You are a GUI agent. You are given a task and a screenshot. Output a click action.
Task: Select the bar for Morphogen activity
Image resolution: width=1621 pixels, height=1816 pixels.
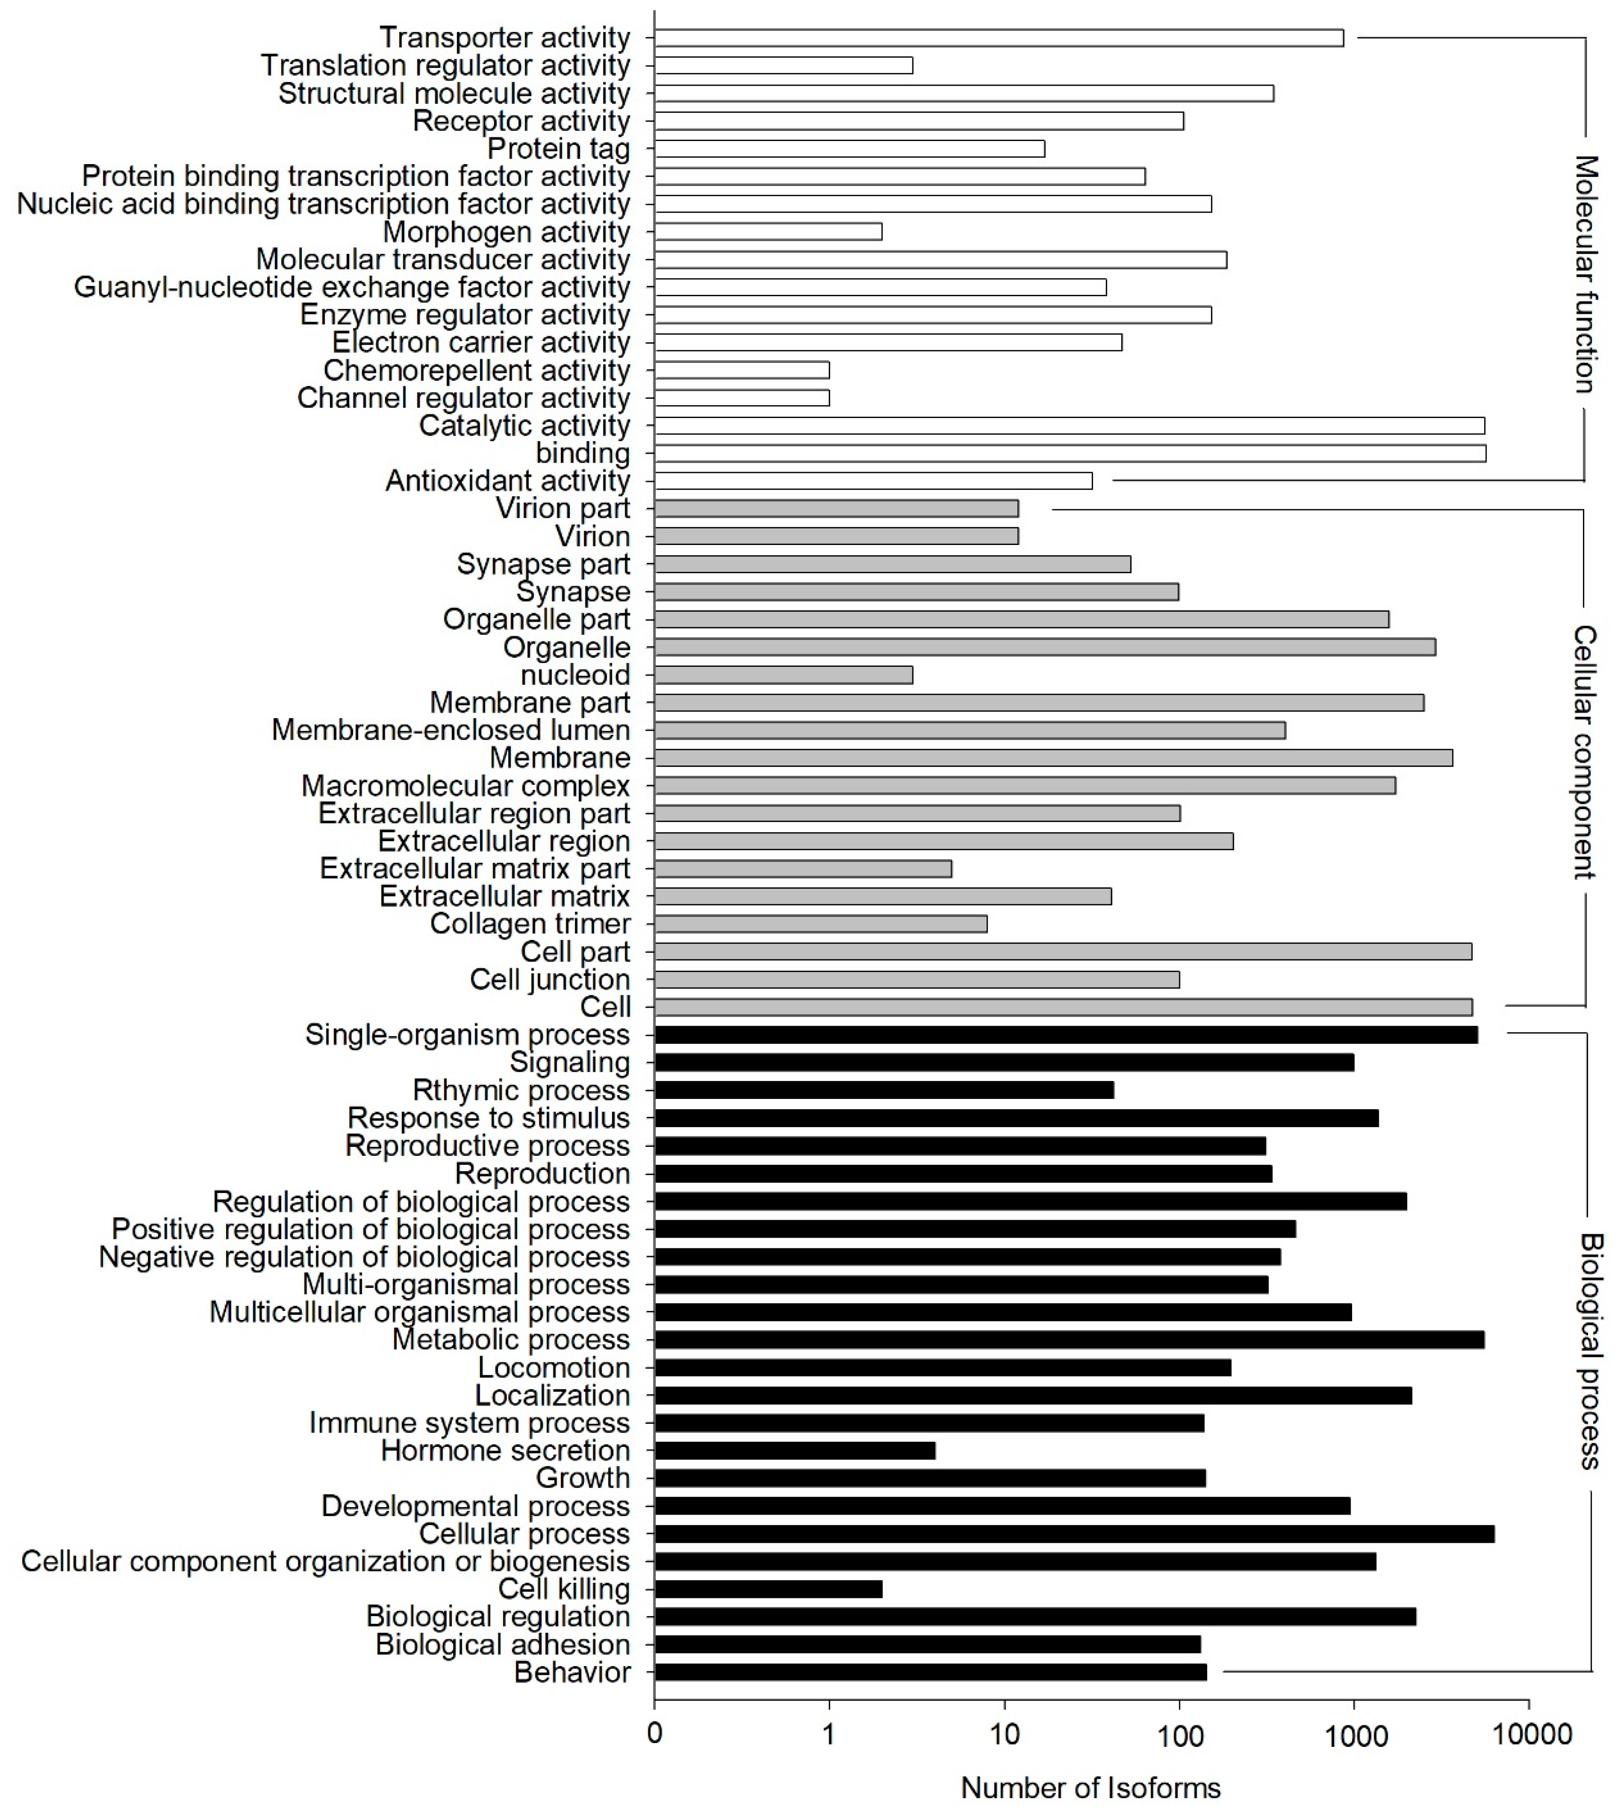pos(768,231)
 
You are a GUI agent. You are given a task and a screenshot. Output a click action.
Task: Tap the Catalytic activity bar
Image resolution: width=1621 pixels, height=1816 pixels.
pos(1069,426)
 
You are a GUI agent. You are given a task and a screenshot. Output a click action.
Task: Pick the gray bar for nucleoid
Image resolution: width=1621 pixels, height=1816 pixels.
pos(783,675)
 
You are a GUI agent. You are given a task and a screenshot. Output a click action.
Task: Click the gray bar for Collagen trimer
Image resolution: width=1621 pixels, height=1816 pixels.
pos(820,924)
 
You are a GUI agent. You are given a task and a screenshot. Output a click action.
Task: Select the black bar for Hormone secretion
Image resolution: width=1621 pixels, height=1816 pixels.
pos(795,1451)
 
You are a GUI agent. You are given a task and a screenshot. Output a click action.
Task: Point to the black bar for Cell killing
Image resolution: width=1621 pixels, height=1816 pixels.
pos(768,1589)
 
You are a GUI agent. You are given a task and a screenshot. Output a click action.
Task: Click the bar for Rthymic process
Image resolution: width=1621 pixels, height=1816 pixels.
pos(883,1090)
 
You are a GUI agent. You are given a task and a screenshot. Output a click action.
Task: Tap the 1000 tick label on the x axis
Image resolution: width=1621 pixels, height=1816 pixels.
pos(1355,1735)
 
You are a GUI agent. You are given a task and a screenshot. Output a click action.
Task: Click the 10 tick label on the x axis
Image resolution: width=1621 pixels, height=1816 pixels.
pos(1005,1735)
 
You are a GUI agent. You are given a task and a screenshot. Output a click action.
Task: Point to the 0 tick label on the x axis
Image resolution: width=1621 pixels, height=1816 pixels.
pos(654,1735)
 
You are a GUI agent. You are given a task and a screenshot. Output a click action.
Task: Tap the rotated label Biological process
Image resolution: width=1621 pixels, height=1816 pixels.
pos(1591,1351)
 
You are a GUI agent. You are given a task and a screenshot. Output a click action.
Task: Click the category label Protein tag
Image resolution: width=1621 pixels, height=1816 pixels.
pos(559,149)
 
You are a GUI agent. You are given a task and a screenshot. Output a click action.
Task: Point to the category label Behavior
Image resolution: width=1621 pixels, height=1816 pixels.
pos(572,1673)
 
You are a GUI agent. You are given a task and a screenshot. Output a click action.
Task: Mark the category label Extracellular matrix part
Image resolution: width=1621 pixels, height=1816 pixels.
pos(475,869)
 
